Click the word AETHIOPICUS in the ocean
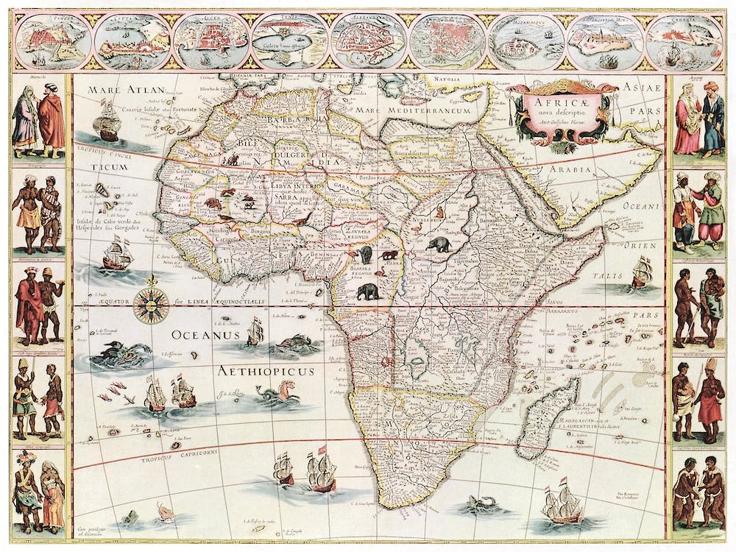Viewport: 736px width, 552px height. click(x=265, y=371)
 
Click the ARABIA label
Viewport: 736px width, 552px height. click(x=567, y=170)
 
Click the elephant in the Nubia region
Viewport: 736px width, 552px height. click(x=439, y=244)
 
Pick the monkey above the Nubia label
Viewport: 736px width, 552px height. click(x=439, y=212)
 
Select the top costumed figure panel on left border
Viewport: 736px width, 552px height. click(x=39, y=118)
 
